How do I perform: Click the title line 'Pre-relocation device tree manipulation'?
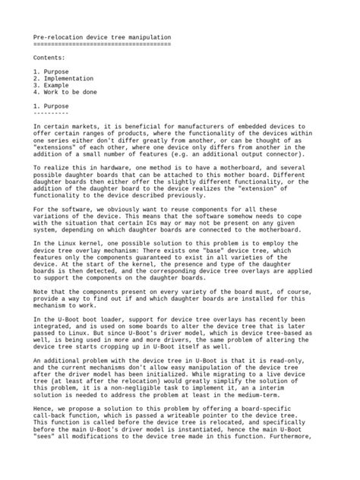tap(102, 36)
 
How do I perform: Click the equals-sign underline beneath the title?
tap(102, 43)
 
